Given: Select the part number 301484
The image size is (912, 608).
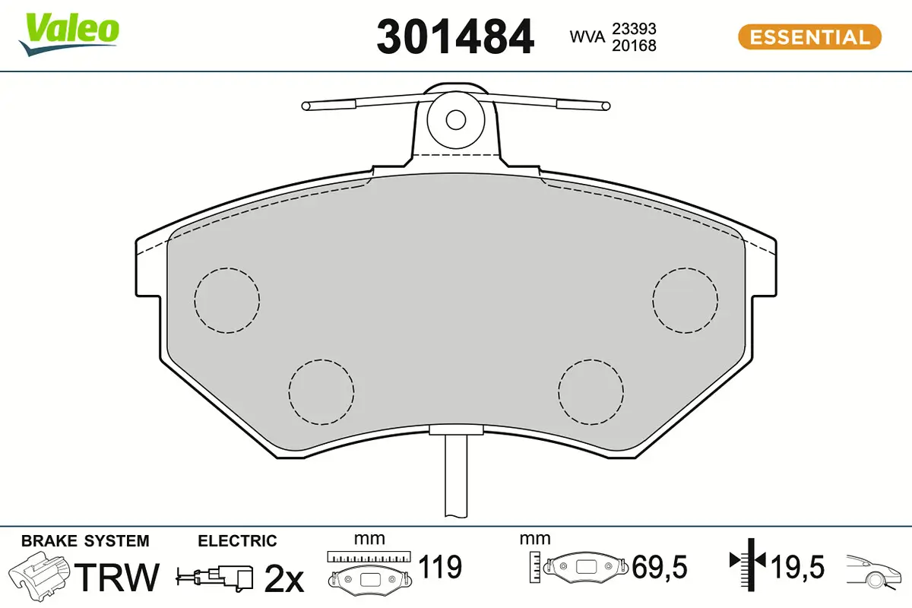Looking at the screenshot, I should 455,37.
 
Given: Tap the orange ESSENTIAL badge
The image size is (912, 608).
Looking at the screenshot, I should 809,37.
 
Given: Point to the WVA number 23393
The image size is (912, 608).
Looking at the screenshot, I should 634,29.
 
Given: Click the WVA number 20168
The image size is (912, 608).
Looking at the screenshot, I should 634,46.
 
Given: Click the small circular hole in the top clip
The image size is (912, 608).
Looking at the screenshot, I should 455,119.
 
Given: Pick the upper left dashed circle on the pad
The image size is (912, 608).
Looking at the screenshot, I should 226,300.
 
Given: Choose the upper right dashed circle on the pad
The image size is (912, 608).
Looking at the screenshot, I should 686,300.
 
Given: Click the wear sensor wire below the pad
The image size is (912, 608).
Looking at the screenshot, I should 455,479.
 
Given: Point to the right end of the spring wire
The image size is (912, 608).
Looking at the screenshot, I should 605,106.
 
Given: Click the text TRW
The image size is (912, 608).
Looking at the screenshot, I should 119,578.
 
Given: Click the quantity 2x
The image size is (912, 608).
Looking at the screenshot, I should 283,580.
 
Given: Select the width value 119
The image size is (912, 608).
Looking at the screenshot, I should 441,567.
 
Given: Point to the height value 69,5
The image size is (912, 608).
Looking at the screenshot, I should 659,567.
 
